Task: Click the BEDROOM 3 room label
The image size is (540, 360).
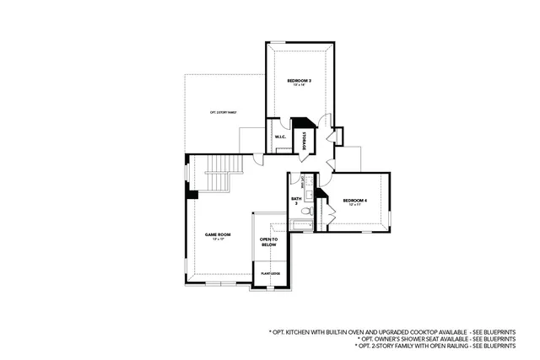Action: point(300,80)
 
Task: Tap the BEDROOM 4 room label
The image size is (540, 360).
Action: point(355,200)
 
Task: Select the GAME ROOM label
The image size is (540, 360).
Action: point(218,234)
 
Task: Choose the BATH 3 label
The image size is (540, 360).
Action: point(296,201)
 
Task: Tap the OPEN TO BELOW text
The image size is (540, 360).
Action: point(269,242)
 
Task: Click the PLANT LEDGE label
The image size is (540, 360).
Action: point(269,274)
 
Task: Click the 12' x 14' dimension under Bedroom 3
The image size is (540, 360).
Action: point(300,86)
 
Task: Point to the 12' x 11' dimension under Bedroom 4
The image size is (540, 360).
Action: point(355,206)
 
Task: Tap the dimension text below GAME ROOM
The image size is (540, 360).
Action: point(218,240)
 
